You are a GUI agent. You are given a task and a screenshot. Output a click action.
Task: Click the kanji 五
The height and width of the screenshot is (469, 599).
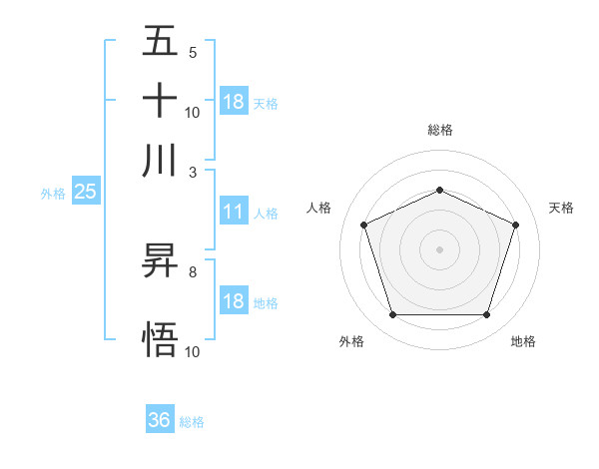(160, 41)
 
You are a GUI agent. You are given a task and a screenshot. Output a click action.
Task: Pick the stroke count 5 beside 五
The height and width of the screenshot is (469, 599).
(192, 53)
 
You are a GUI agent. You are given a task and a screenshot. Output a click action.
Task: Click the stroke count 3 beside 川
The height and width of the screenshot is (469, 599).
(192, 172)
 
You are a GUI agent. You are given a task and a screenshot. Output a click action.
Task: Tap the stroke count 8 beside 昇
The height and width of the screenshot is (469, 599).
(192, 271)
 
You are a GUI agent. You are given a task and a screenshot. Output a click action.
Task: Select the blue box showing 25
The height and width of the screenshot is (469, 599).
(85, 193)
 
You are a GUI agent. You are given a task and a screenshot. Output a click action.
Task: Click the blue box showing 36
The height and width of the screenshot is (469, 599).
(160, 420)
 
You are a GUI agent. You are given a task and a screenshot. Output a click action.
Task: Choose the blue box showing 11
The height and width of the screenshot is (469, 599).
(234, 212)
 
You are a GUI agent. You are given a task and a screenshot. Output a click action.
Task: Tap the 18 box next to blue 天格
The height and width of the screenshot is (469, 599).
(234, 102)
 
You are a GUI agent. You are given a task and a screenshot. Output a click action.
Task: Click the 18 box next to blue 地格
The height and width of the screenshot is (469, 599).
(234, 301)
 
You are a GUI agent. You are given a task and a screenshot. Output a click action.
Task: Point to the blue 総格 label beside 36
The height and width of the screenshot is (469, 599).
(192, 422)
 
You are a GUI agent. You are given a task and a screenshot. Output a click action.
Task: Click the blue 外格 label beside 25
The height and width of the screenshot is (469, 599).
(52, 194)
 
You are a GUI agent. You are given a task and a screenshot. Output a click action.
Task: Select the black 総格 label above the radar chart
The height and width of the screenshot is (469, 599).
(439, 130)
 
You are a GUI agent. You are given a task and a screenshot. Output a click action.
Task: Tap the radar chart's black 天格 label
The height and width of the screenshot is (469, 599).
(561, 208)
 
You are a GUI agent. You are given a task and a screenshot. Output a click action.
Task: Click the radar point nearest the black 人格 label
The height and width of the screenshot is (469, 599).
(364, 225)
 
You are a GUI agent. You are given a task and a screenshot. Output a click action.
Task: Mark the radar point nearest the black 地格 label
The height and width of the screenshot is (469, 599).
(486, 315)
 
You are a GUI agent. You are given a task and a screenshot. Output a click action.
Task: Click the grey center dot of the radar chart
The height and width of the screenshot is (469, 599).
(439, 249)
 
